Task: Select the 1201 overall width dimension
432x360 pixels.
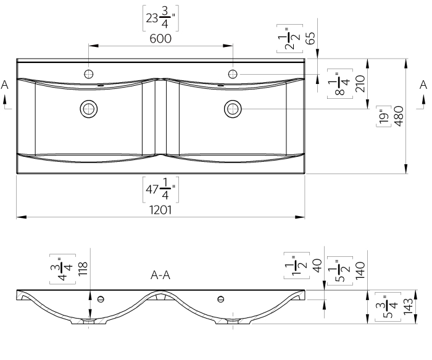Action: [159, 210]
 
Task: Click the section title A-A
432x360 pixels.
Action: [160, 276]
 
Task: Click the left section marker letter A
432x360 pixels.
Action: [5, 86]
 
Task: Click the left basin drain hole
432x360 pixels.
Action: [88, 109]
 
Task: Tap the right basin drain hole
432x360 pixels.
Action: [233, 109]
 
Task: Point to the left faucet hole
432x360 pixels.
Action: [88, 74]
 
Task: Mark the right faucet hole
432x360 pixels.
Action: [233, 74]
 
